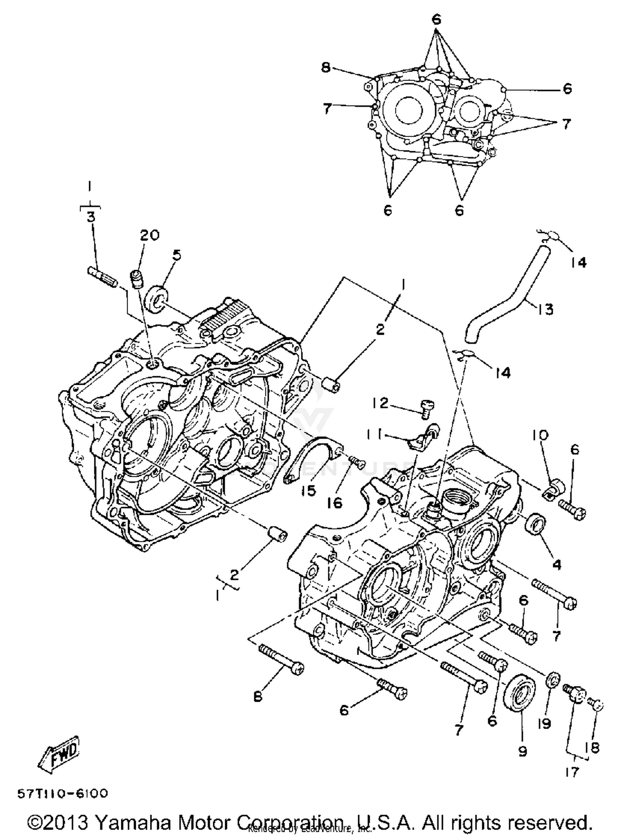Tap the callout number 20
point(149,235)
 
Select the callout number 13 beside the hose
point(546,309)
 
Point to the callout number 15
point(308,490)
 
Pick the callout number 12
point(380,402)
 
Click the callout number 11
point(374,435)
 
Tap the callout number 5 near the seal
point(177,255)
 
